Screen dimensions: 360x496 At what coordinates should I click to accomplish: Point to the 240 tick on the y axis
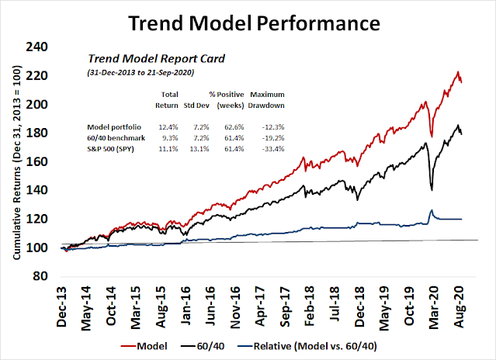[x=36, y=47]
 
